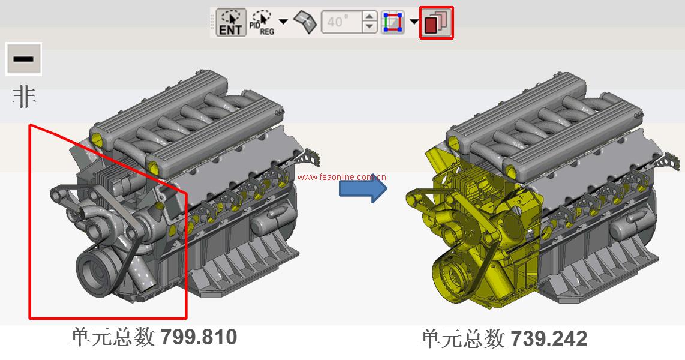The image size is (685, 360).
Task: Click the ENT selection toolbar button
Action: coord(231,22)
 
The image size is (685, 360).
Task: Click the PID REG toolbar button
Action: coord(262,22)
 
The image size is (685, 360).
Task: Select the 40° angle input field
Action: coord(342,22)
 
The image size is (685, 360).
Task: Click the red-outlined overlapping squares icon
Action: coord(437,22)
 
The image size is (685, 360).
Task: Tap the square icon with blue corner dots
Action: coord(392,22)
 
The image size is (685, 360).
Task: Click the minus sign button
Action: coord(23,59)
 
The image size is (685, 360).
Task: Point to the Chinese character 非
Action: coord(24,97)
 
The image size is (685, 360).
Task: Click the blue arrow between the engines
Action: coord(363,189)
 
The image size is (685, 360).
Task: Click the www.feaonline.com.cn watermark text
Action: coord(342,177)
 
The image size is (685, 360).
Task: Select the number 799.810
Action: coord(199,337)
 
